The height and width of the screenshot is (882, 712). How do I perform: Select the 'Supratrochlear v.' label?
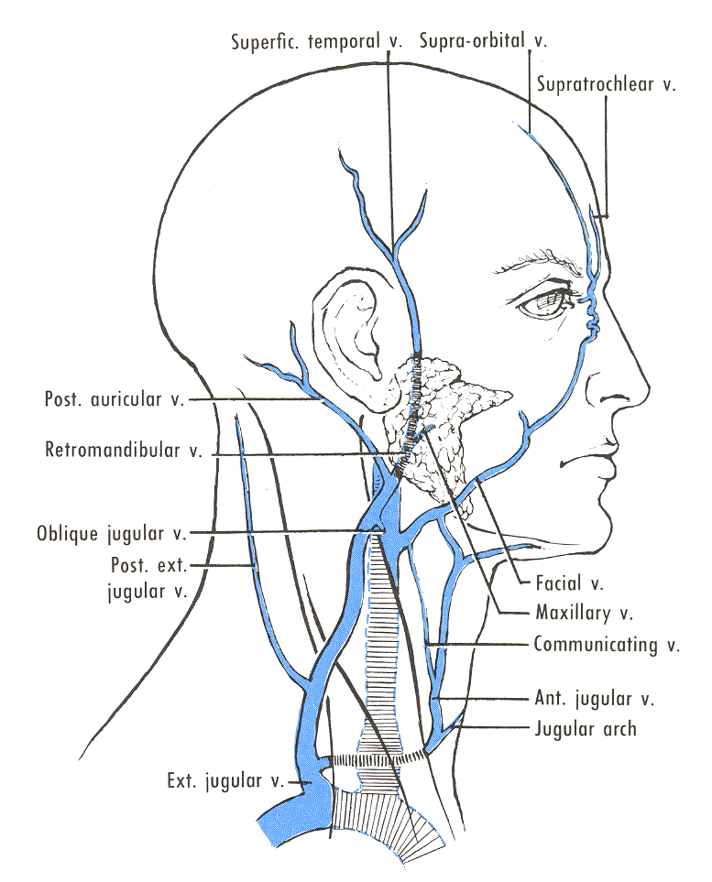[606, 85]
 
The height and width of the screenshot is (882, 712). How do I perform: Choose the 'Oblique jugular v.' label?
[112, 532]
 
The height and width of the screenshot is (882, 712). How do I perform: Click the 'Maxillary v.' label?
[584, 612]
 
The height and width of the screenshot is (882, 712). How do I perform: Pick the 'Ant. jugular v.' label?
[594, 699]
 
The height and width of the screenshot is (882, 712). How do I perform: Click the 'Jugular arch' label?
[585, 730]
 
